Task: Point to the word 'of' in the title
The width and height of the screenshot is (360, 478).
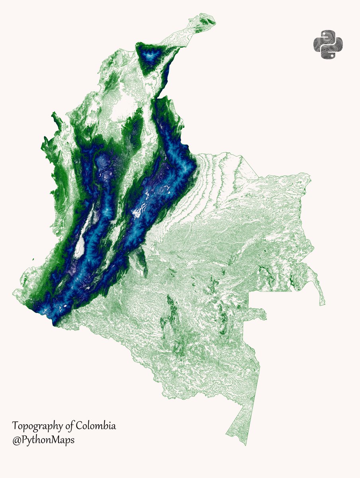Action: click(x=70, y=426)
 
